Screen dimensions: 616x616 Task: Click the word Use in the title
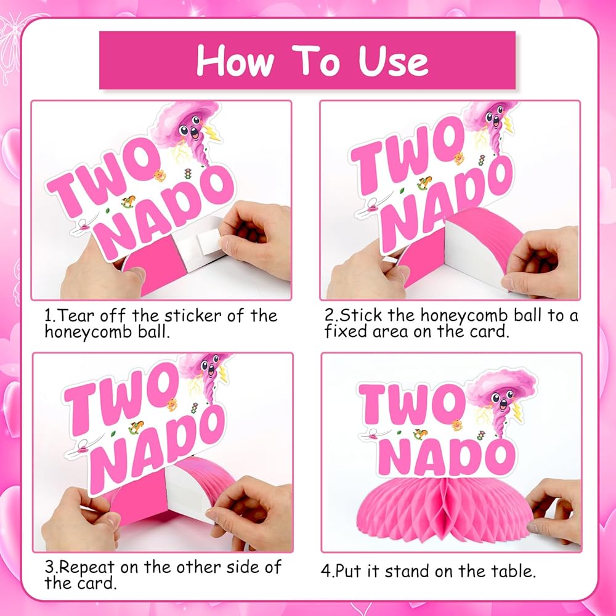(393, 61)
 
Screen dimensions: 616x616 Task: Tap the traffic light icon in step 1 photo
(188, 173)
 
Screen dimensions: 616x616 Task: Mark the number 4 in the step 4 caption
(326, 571)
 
